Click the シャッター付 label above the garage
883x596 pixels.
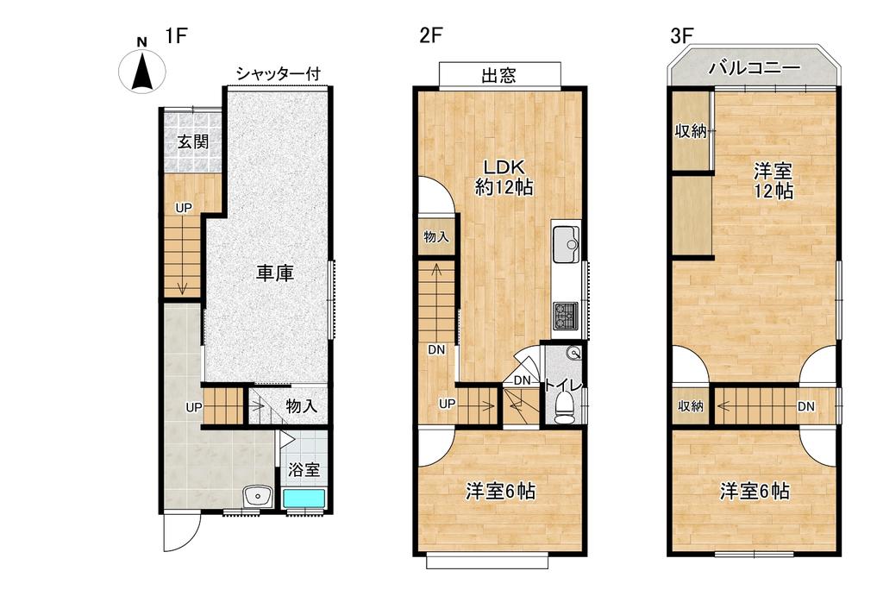coord(278,74)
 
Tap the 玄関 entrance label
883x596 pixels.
coord(193,141)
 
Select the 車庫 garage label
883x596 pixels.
coord(275,274)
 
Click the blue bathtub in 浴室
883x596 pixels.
coord(304,499)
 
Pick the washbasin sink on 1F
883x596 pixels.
coord(258,496)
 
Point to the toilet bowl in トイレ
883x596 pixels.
coord(565,405)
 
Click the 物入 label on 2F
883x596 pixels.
coord(435,236)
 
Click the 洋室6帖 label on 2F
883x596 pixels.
coord(501,492)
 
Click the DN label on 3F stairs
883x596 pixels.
coord(807,406)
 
